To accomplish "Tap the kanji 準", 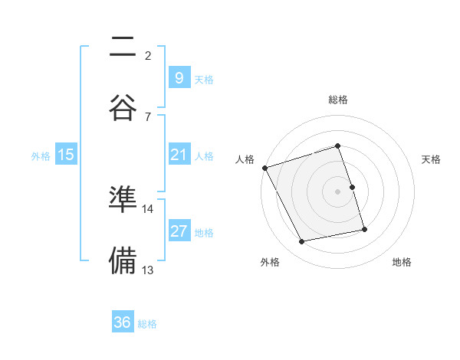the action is pyautogui.click(x=123, y=200).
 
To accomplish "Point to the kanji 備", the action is pyautogui.click(x=123, y=260).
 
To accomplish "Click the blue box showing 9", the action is pyautogui.click(x=178, y=78).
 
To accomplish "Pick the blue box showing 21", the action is pyautogui.click(x=179, y=155).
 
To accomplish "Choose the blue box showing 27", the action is pyautogui.click(x=179, y=232).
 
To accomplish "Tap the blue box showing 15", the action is pyautogui.click(x=66, y=155).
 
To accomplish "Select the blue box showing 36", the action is pyautogui.click(x=123, y=322).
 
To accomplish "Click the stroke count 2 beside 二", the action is pyautogui.click(x=148, y=55).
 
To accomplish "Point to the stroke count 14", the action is pyautogui.click(x=148, y=208).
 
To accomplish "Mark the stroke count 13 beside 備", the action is pyautogui.click(x=148, y=270).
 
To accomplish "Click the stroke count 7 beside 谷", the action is pyautogui.click(x=148, y=116).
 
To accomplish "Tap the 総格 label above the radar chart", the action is pyautogui.click(x=337, y=100).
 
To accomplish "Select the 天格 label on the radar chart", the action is pyautogui.click(x=431, y=159).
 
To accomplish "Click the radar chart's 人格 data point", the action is pyautogui.click(x=264, y=167).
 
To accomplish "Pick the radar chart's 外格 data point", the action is pyautogui.click(x=302, y=242).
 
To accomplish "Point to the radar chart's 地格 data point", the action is pyautogui.click(x=364, y=229).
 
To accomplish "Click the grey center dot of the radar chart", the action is pyautogui.click(x=337, y=191).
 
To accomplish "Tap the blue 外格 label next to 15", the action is pyautogui.click(x=41, y=156).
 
